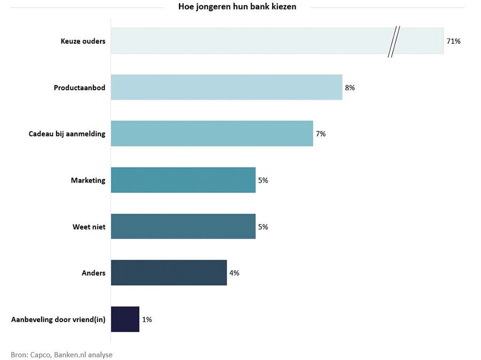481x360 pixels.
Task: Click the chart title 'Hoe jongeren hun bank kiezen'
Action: click(x=237, y=7)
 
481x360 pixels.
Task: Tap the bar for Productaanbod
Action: click(x=226, y=87)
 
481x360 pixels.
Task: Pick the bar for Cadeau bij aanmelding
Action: click(x=212, y=134)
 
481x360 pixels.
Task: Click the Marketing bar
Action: click(x=183, y=180)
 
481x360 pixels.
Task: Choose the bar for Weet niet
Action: click(x=183, y=226)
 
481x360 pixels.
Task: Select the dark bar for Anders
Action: click(x=168, y=272)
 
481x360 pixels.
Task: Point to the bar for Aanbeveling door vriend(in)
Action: click(x=125, y=319)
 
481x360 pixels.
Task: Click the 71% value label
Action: click(x=453, y=41)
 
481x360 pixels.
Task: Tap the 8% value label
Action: click(x=350, y=88)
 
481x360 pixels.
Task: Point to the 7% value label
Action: click(x=321, y=134)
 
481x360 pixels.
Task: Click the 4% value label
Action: click(x=234, y=273)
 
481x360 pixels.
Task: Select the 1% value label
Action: click(x=147, y=319)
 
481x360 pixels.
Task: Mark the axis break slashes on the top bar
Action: click(x=394, y=41)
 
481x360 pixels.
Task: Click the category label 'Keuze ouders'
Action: click(x=83, y=41)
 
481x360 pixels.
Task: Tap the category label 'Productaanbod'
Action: click(x=80, y=88)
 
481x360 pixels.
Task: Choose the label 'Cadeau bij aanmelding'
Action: click(x=67, y=134)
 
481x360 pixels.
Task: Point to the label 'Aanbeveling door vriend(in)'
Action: click(x=58, y=319)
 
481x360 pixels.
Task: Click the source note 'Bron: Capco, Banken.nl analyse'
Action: click(x=62, y=354)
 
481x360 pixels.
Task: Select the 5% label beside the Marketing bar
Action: click(x=263, y=181)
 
